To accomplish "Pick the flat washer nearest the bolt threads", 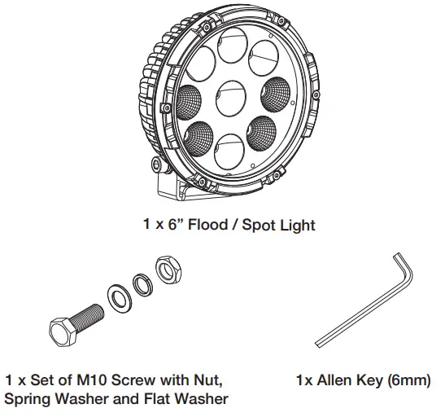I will click(x=119, y=294).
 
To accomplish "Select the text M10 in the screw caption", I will click(x=86, y=380).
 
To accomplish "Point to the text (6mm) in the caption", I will click(x=408, y=380).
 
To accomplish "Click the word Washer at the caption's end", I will click(x=203, y=399).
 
